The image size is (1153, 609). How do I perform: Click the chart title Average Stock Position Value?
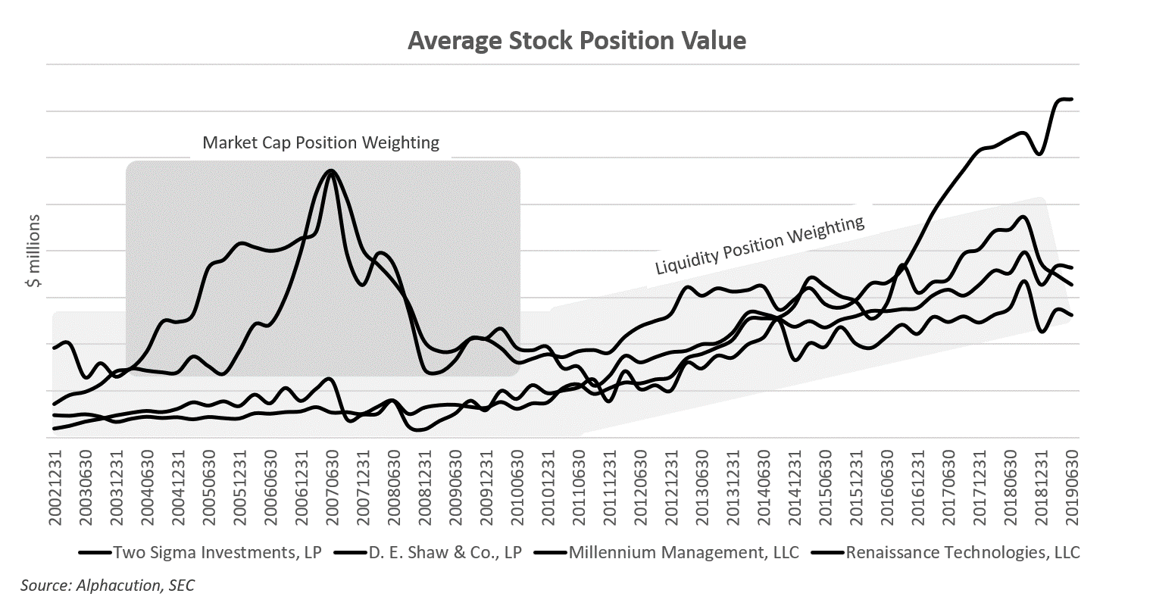[x=576, y=40]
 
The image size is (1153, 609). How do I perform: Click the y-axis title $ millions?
[x=33, y=251]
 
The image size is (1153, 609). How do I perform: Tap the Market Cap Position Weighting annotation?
[x=320, y=142]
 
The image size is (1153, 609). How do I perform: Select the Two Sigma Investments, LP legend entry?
[x=217, y=552]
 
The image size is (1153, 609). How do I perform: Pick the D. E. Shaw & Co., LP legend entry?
[x=445, y=552]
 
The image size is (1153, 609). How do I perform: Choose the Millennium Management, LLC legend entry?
[x=684, y=552]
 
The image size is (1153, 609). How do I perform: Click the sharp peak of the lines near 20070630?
[x=331, y=170]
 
